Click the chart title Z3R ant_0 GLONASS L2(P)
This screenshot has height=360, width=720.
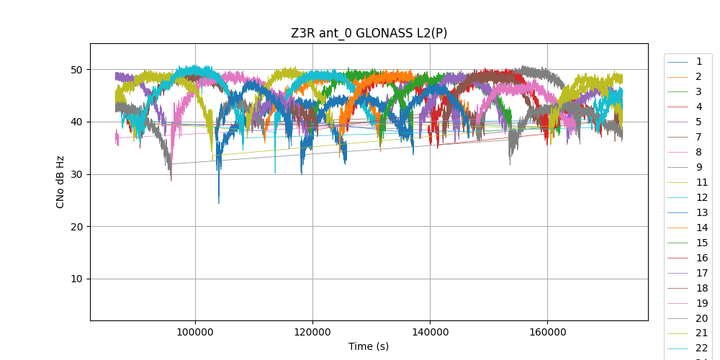point(369,33)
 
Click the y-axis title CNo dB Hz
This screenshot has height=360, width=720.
point(60,181)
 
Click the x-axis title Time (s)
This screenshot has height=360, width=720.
point(369,346)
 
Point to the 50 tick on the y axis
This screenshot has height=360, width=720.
point(76,70)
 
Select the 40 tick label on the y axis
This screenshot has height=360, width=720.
point(76,122)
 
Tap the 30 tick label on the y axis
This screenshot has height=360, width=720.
point(76,174)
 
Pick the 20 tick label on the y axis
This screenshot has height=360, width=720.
point(76,227)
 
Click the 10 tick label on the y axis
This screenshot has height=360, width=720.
point(76,279)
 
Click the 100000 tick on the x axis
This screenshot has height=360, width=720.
point(195,330)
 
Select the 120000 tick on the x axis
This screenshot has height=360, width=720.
point(312,330)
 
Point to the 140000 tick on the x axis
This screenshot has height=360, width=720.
point(430,330)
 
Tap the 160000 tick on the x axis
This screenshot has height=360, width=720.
point(547,330)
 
